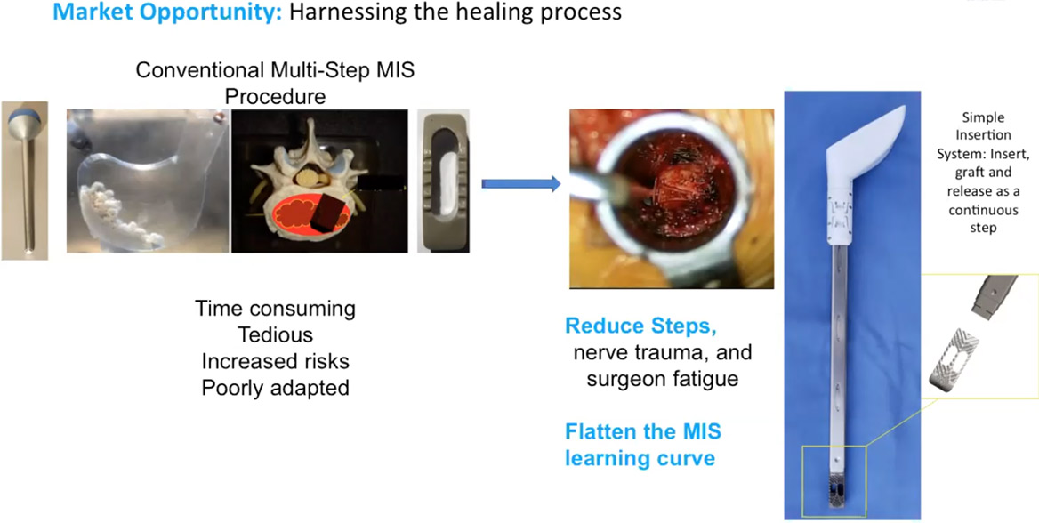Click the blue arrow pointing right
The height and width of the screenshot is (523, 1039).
click(520, 184)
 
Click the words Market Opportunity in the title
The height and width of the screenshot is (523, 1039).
click(168, 12)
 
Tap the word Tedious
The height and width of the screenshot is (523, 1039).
click(276, 334)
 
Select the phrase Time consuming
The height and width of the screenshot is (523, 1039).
click(276, 309)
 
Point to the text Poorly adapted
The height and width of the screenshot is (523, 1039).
click(276, 388)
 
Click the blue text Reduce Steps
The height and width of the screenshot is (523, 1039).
click(642, 326)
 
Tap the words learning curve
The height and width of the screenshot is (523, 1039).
click(640, 458)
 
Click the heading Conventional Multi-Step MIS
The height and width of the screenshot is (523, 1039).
click(276, 69)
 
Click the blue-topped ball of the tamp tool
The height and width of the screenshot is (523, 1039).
click(25, 121)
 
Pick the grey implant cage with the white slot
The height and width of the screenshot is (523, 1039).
click(444, 181)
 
